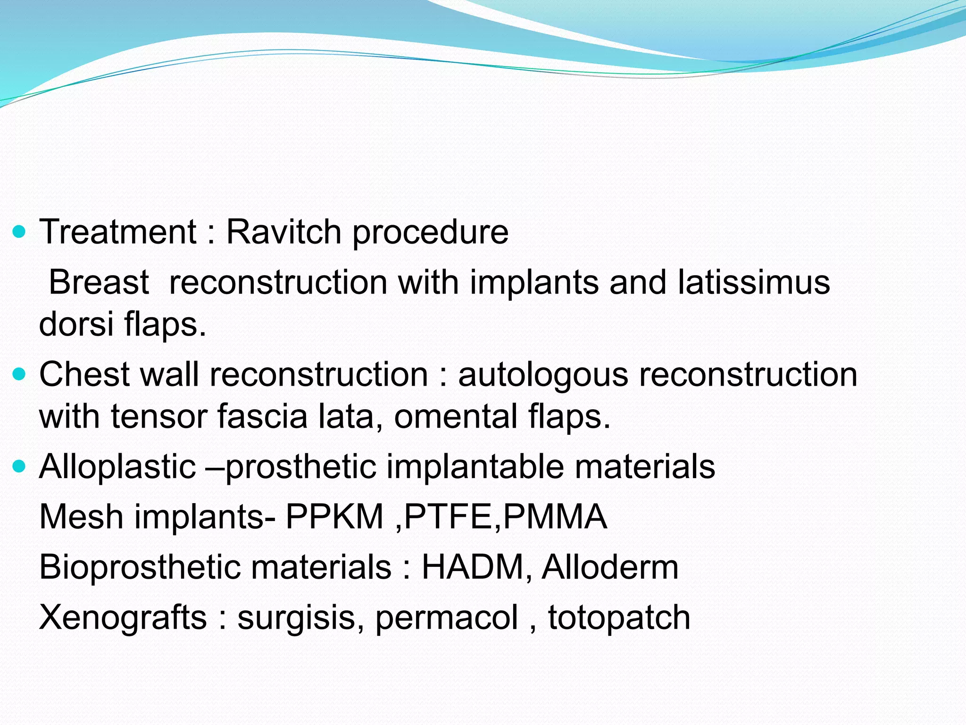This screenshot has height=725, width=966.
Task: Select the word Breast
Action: coord(99,282)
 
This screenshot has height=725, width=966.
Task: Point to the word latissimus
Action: coord(753,282)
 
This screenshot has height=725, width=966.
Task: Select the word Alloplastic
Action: coord(117,467)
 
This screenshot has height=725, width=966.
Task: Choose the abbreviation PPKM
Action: coord(334,517)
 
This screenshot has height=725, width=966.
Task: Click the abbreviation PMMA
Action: coord(555,517)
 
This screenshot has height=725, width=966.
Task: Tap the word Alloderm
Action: coord(610,567)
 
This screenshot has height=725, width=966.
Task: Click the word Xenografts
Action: coord(123,617)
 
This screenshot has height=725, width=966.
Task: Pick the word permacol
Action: coord(447,617)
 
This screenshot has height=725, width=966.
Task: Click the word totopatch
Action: coord(619,617)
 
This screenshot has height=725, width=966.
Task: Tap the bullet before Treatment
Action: coord(19,232)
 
